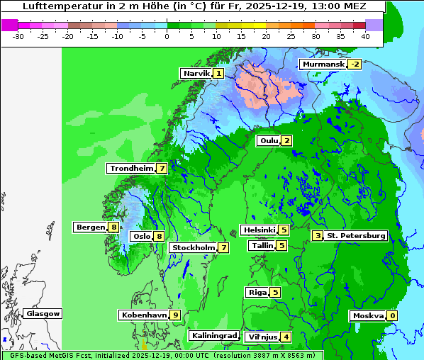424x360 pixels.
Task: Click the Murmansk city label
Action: click(x=323, y=64)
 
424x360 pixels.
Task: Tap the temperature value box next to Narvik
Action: click(x=218, y=73)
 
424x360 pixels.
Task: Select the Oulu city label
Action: click(x=269, y=140)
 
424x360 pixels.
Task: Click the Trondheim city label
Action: click(x=132, y=168)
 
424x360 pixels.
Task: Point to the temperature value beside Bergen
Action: click(x=113, y=227)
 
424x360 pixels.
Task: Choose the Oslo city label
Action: click(x=141, y=237)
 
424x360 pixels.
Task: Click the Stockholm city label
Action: click(x=193, y=247)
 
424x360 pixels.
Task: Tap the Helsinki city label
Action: click(x=259, y=230)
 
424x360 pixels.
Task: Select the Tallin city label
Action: click(x=262, y=245)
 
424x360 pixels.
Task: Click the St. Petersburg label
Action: click(x=356, y=235)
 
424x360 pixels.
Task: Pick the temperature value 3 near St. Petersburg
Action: click(x=318, y=235)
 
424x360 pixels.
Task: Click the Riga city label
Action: click(x=257, y=292)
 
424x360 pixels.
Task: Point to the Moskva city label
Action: click(x=368, y=315)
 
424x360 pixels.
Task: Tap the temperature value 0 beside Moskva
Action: click(x=392, y=315)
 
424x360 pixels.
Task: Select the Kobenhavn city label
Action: click(x=144, y=315)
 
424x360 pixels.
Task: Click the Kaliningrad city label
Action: click(x=213, y=335)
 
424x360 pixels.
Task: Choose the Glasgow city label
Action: click(x=43, y=313)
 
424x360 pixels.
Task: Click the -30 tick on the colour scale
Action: click(x=18, y=35)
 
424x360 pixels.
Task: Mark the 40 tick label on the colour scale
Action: click(x=365, y=35)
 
